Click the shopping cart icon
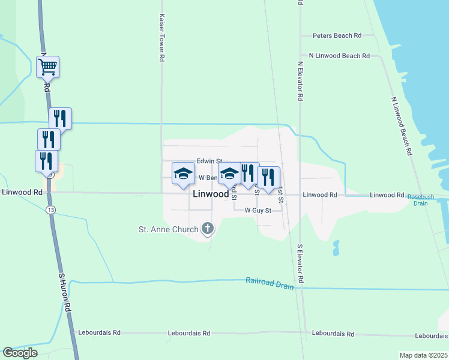pyautogui.click(x=47, y=66)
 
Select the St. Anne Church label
pyautogui.click(x=168, y=229)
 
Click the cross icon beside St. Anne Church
pyautogui.click(x=208, y=228)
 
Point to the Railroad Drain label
pyautogui.click(x=270, y=283)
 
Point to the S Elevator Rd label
pyautogui.click(x=301, y=264)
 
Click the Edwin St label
pyautogui.click(x=209, y=161)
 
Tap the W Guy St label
pyautogui.click(x=258, y=211)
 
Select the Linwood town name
pyautogui.click(x=211, y=194)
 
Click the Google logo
pyautogui.click(x=20, y=353)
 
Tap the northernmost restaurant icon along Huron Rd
pyautogui.click(x=60, y=118)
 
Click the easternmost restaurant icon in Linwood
pyautogui.click(x=268, y=176)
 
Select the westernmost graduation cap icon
pyautogui.click(x=184, y=173)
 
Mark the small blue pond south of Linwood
pyautogui.click(x=335, y=248)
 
